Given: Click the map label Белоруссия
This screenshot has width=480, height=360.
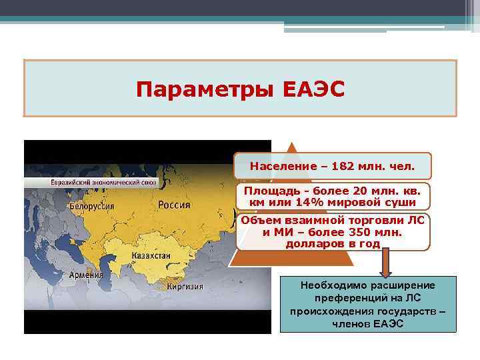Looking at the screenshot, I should tap(91, 206).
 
